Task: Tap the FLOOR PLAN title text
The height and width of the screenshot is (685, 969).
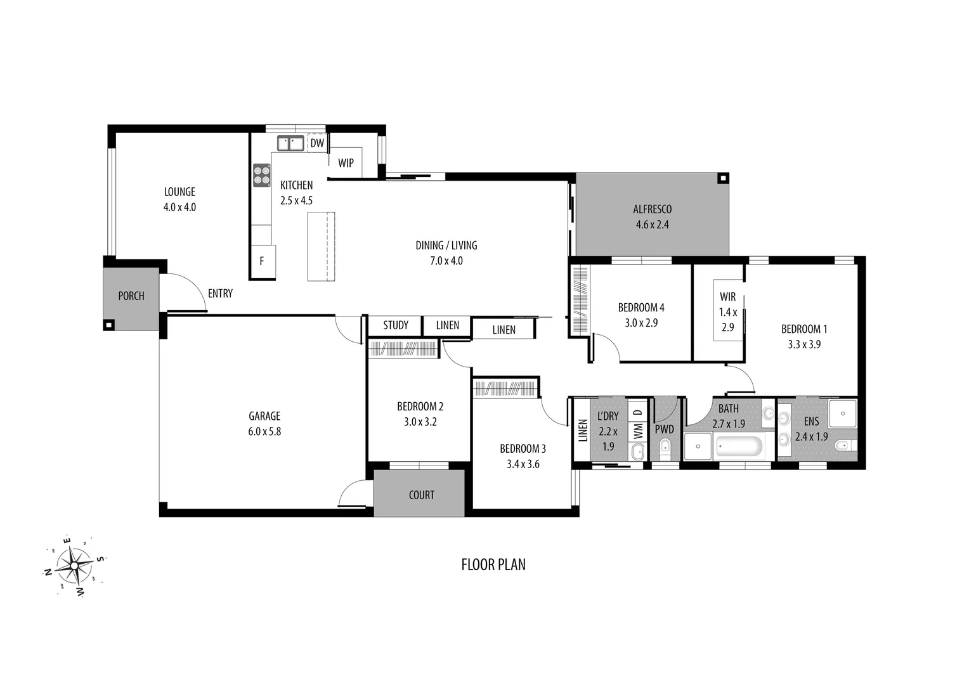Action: tap(493, 564)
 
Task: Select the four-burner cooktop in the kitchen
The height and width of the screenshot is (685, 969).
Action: tap(261, 175)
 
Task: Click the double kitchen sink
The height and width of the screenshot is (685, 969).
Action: tap(290, 143)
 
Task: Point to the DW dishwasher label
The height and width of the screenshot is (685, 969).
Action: tap(317, 143)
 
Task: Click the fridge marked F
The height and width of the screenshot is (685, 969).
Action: tap(262, 261)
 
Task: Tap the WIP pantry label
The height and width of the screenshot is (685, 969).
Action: tap(346, 163)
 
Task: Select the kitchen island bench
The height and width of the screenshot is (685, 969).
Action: tap(321, 246)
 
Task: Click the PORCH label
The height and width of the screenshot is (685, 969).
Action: tap(131, 296)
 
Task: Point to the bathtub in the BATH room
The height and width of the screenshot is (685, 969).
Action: tap(739, 447)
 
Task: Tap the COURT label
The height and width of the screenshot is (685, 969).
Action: tap(422, 495)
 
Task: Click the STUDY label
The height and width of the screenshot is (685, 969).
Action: tap(396, 325)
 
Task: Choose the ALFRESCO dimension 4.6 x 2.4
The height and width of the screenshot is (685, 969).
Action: tap(652, 225)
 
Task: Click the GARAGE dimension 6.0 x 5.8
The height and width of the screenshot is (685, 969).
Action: tap(264, 431)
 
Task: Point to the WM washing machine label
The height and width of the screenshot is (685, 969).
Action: tap(639, 433)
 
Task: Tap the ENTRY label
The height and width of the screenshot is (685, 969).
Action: tap(220, 294)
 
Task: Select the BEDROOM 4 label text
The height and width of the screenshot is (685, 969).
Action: tap(641, 308)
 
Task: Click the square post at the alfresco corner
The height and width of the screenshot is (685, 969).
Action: tap(722, 178)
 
